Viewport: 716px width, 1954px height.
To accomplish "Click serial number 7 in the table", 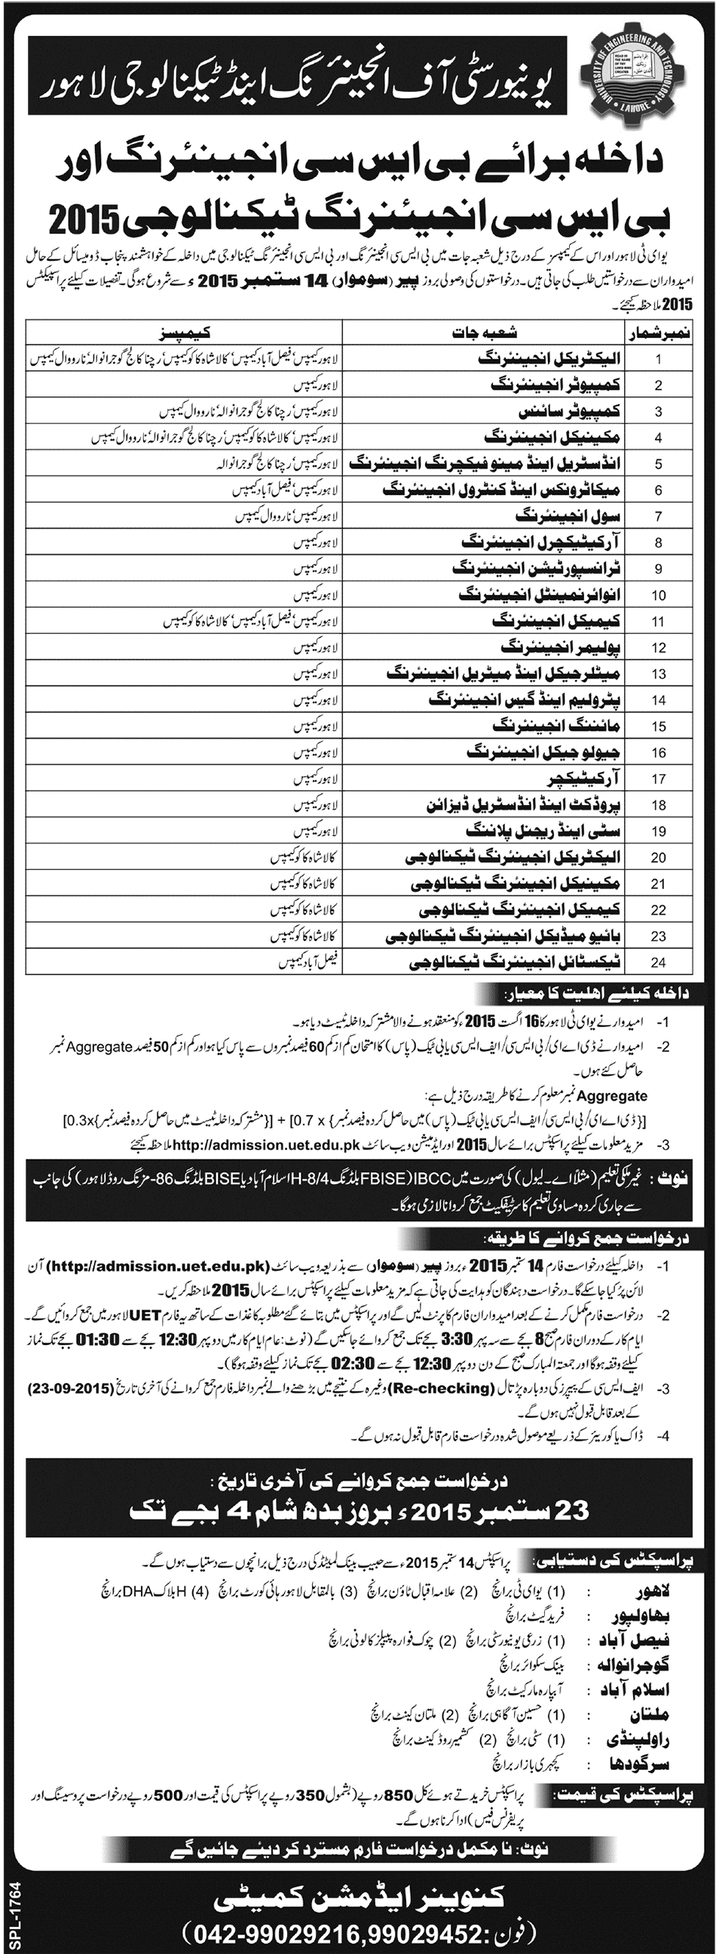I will tap(658, 516).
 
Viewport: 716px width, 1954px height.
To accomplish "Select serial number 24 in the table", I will tap(658, 962).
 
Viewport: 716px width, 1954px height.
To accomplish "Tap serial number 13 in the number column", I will tap(658, 674).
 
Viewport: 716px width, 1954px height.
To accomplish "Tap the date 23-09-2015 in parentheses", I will tap(72, 1389).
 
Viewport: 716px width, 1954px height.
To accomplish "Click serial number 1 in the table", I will tap(658, 360).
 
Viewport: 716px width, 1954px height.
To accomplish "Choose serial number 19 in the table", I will tap(658, 831).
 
